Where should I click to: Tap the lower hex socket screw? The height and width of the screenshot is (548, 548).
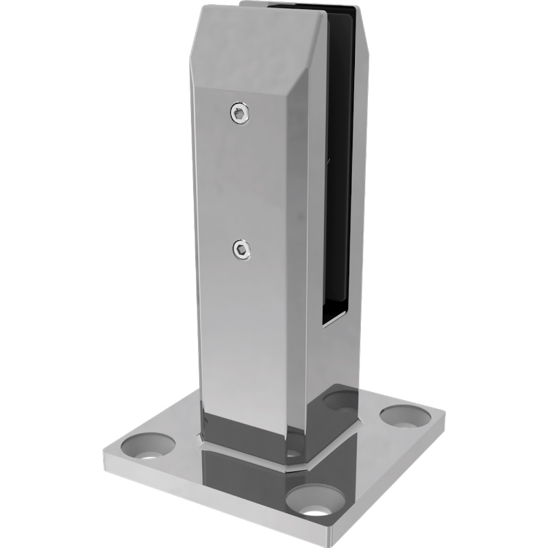coord(241,251)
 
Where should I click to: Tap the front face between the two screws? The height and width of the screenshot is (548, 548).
coord(240,182)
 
